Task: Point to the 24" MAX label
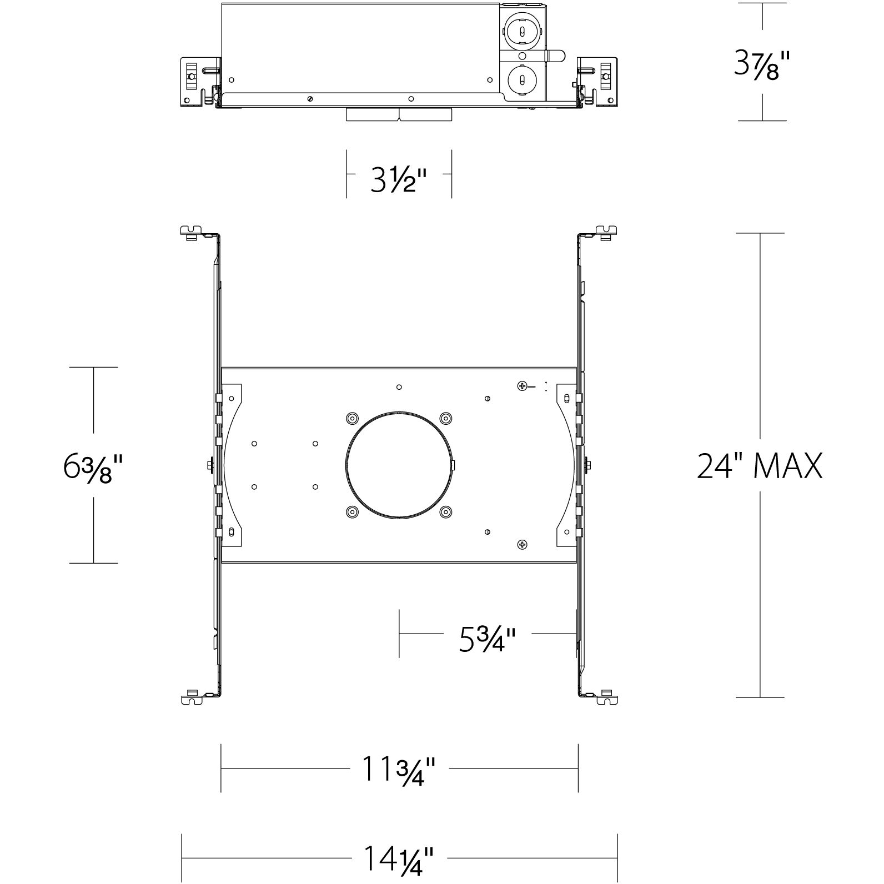tap(760, 466)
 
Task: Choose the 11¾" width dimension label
tap(399, 769)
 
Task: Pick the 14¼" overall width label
tap(399, 859)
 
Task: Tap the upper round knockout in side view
tap(522, 33)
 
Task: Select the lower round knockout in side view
tap(522, 79)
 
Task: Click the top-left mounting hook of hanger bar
tap(191, 231)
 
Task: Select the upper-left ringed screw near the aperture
tap(352, 418)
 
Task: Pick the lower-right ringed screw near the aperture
tap(445, 512)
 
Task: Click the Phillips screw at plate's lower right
tap(522, 545)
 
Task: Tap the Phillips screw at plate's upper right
tap(522, 385)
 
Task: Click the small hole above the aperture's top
tap(399, 387)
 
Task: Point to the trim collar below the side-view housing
tap(399, 114)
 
